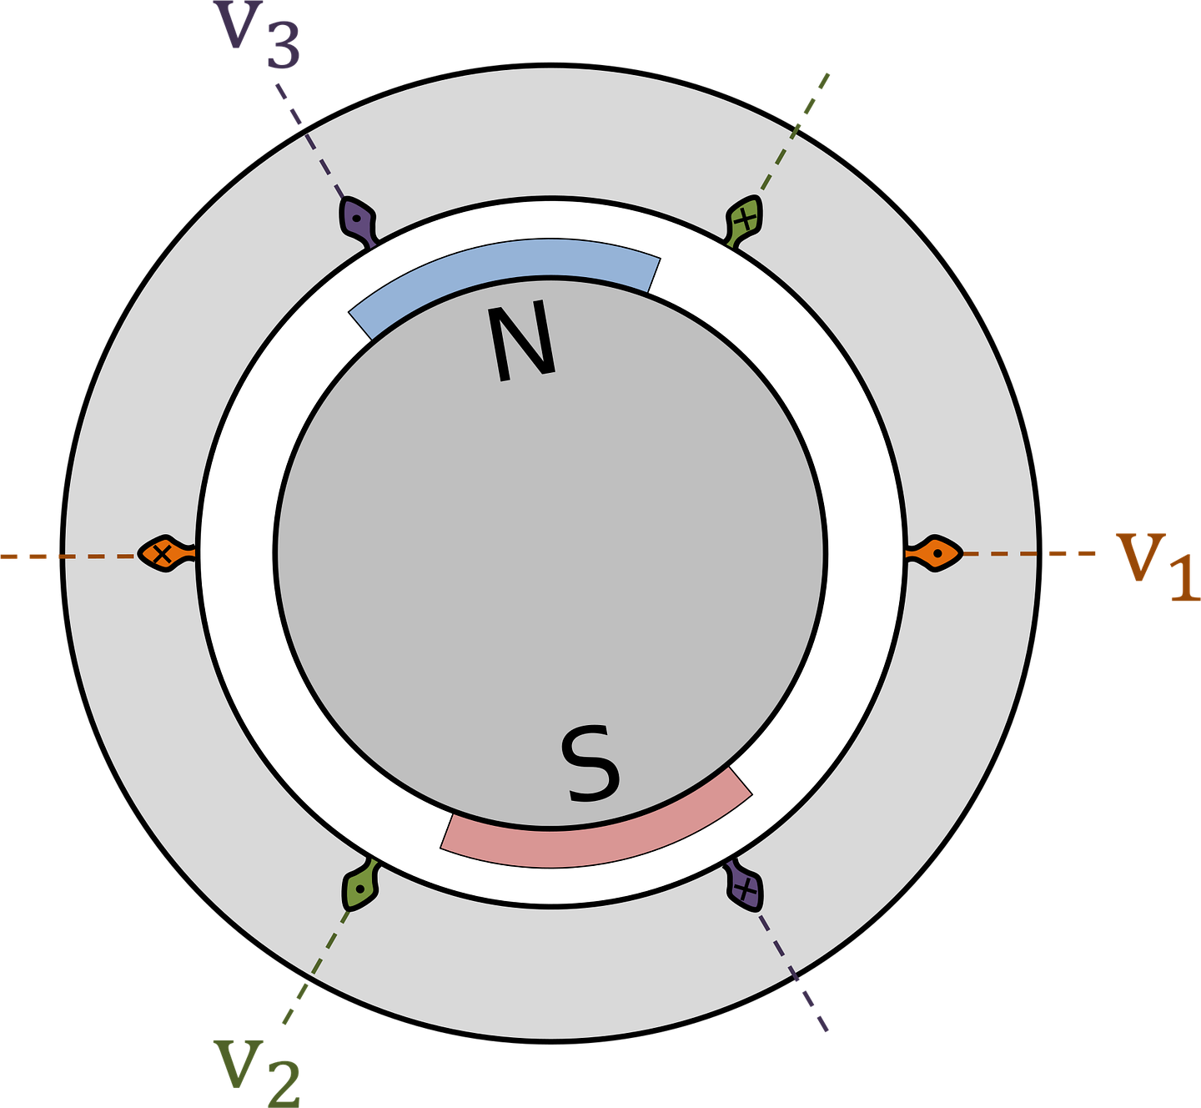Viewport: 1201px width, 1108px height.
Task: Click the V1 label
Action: pyautogui.click(x=1156, y=567)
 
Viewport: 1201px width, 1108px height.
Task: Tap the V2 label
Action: pyautogui.click(x=256, y=1073)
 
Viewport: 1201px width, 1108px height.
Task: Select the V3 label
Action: pyautogui.click(x=256, y=35)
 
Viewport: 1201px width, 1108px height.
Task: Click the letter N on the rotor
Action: pyautogui.click(x=521, y=341)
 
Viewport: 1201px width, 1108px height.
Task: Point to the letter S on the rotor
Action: pyautogui.click(x=590, y=763)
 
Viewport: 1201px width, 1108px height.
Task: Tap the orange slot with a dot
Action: pyautogui.click(x=933, y=553)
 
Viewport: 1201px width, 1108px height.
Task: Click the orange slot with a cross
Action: pyautogui.click(x=166, y=553)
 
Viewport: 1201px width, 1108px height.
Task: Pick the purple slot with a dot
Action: pyautogui.click(x=358, y=221)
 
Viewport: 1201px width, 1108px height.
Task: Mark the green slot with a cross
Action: pyautogui.click(x=744, y=221)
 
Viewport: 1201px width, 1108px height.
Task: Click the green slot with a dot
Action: pyautogui.click(x=361, y=885)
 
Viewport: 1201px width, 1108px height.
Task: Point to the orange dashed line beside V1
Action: pyautogui.click(x=1029, y=553)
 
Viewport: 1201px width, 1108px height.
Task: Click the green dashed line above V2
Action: pyautogui.click(x=316, y=967)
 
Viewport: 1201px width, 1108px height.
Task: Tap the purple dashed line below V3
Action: pyautogui.click(x=311, y=141)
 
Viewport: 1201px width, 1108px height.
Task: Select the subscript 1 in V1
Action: pyautogui.click(x=1183, y=580)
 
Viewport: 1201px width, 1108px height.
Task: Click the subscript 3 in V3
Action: pyautogui.click(x=283, y=48)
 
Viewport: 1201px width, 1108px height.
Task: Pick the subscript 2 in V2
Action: pyautogui.click(x=283, y=1085)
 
